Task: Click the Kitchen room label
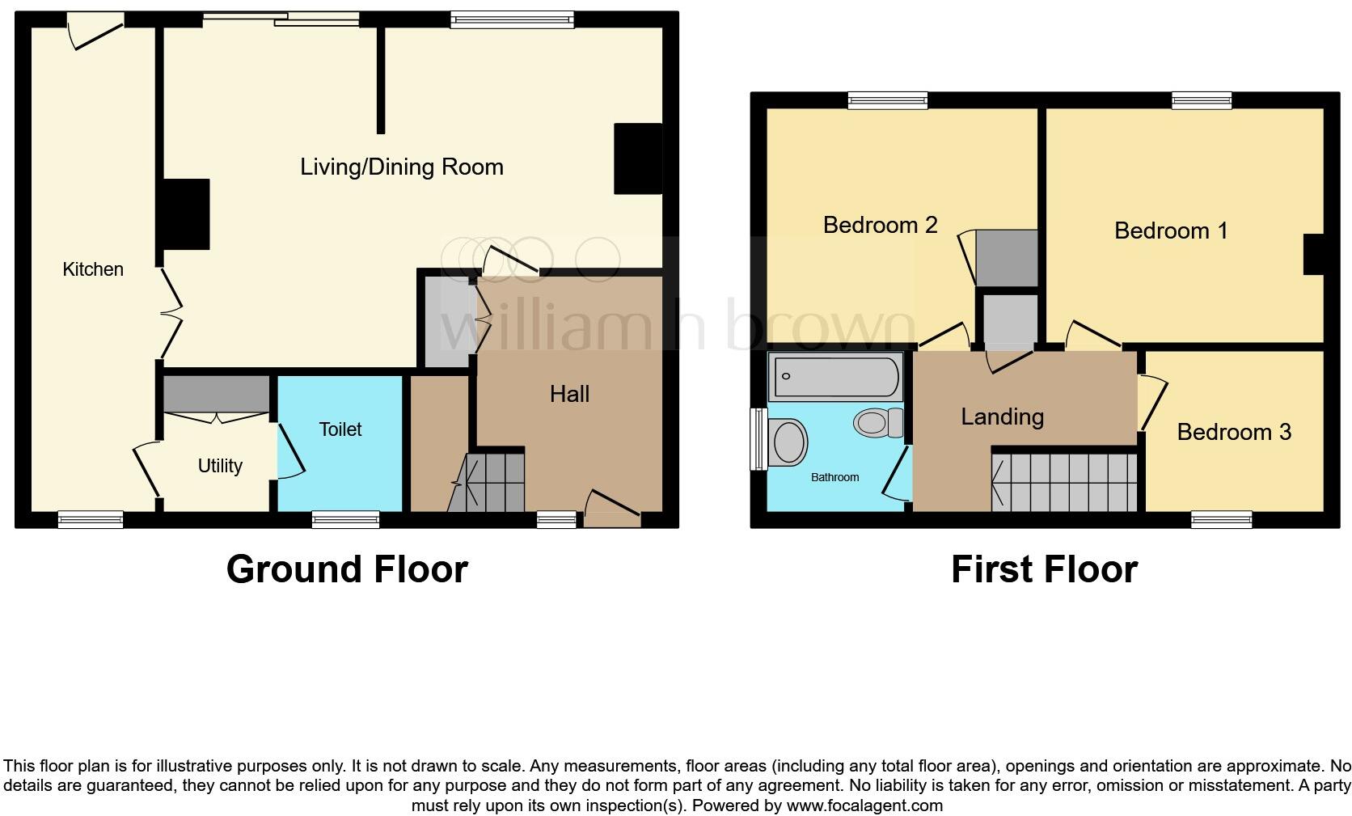[x=93, y=269]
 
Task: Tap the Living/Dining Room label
[x=401, y=167]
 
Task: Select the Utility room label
[x=220, y=466]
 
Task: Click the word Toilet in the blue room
[x=340, y=429]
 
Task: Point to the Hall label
[x=569, y=394]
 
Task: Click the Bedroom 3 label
[x=1233, y=432]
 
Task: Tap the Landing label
[x=1002, y=416]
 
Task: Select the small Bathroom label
[x=834, y=477]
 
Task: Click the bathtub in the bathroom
[x=835, y=377]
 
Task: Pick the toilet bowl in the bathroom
[x=877, y=422]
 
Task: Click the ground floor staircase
[x=494, y=482]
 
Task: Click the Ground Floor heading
[x=347, y=569]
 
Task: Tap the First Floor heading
[x=1044, y=569]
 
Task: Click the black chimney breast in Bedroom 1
[x=1313, y=254]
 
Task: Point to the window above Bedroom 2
[x=888, y=100]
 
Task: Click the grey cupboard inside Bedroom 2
[x=1007, y=258]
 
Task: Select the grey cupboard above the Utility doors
[x=216, y=394]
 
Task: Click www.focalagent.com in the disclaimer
[x=864, y=805]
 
